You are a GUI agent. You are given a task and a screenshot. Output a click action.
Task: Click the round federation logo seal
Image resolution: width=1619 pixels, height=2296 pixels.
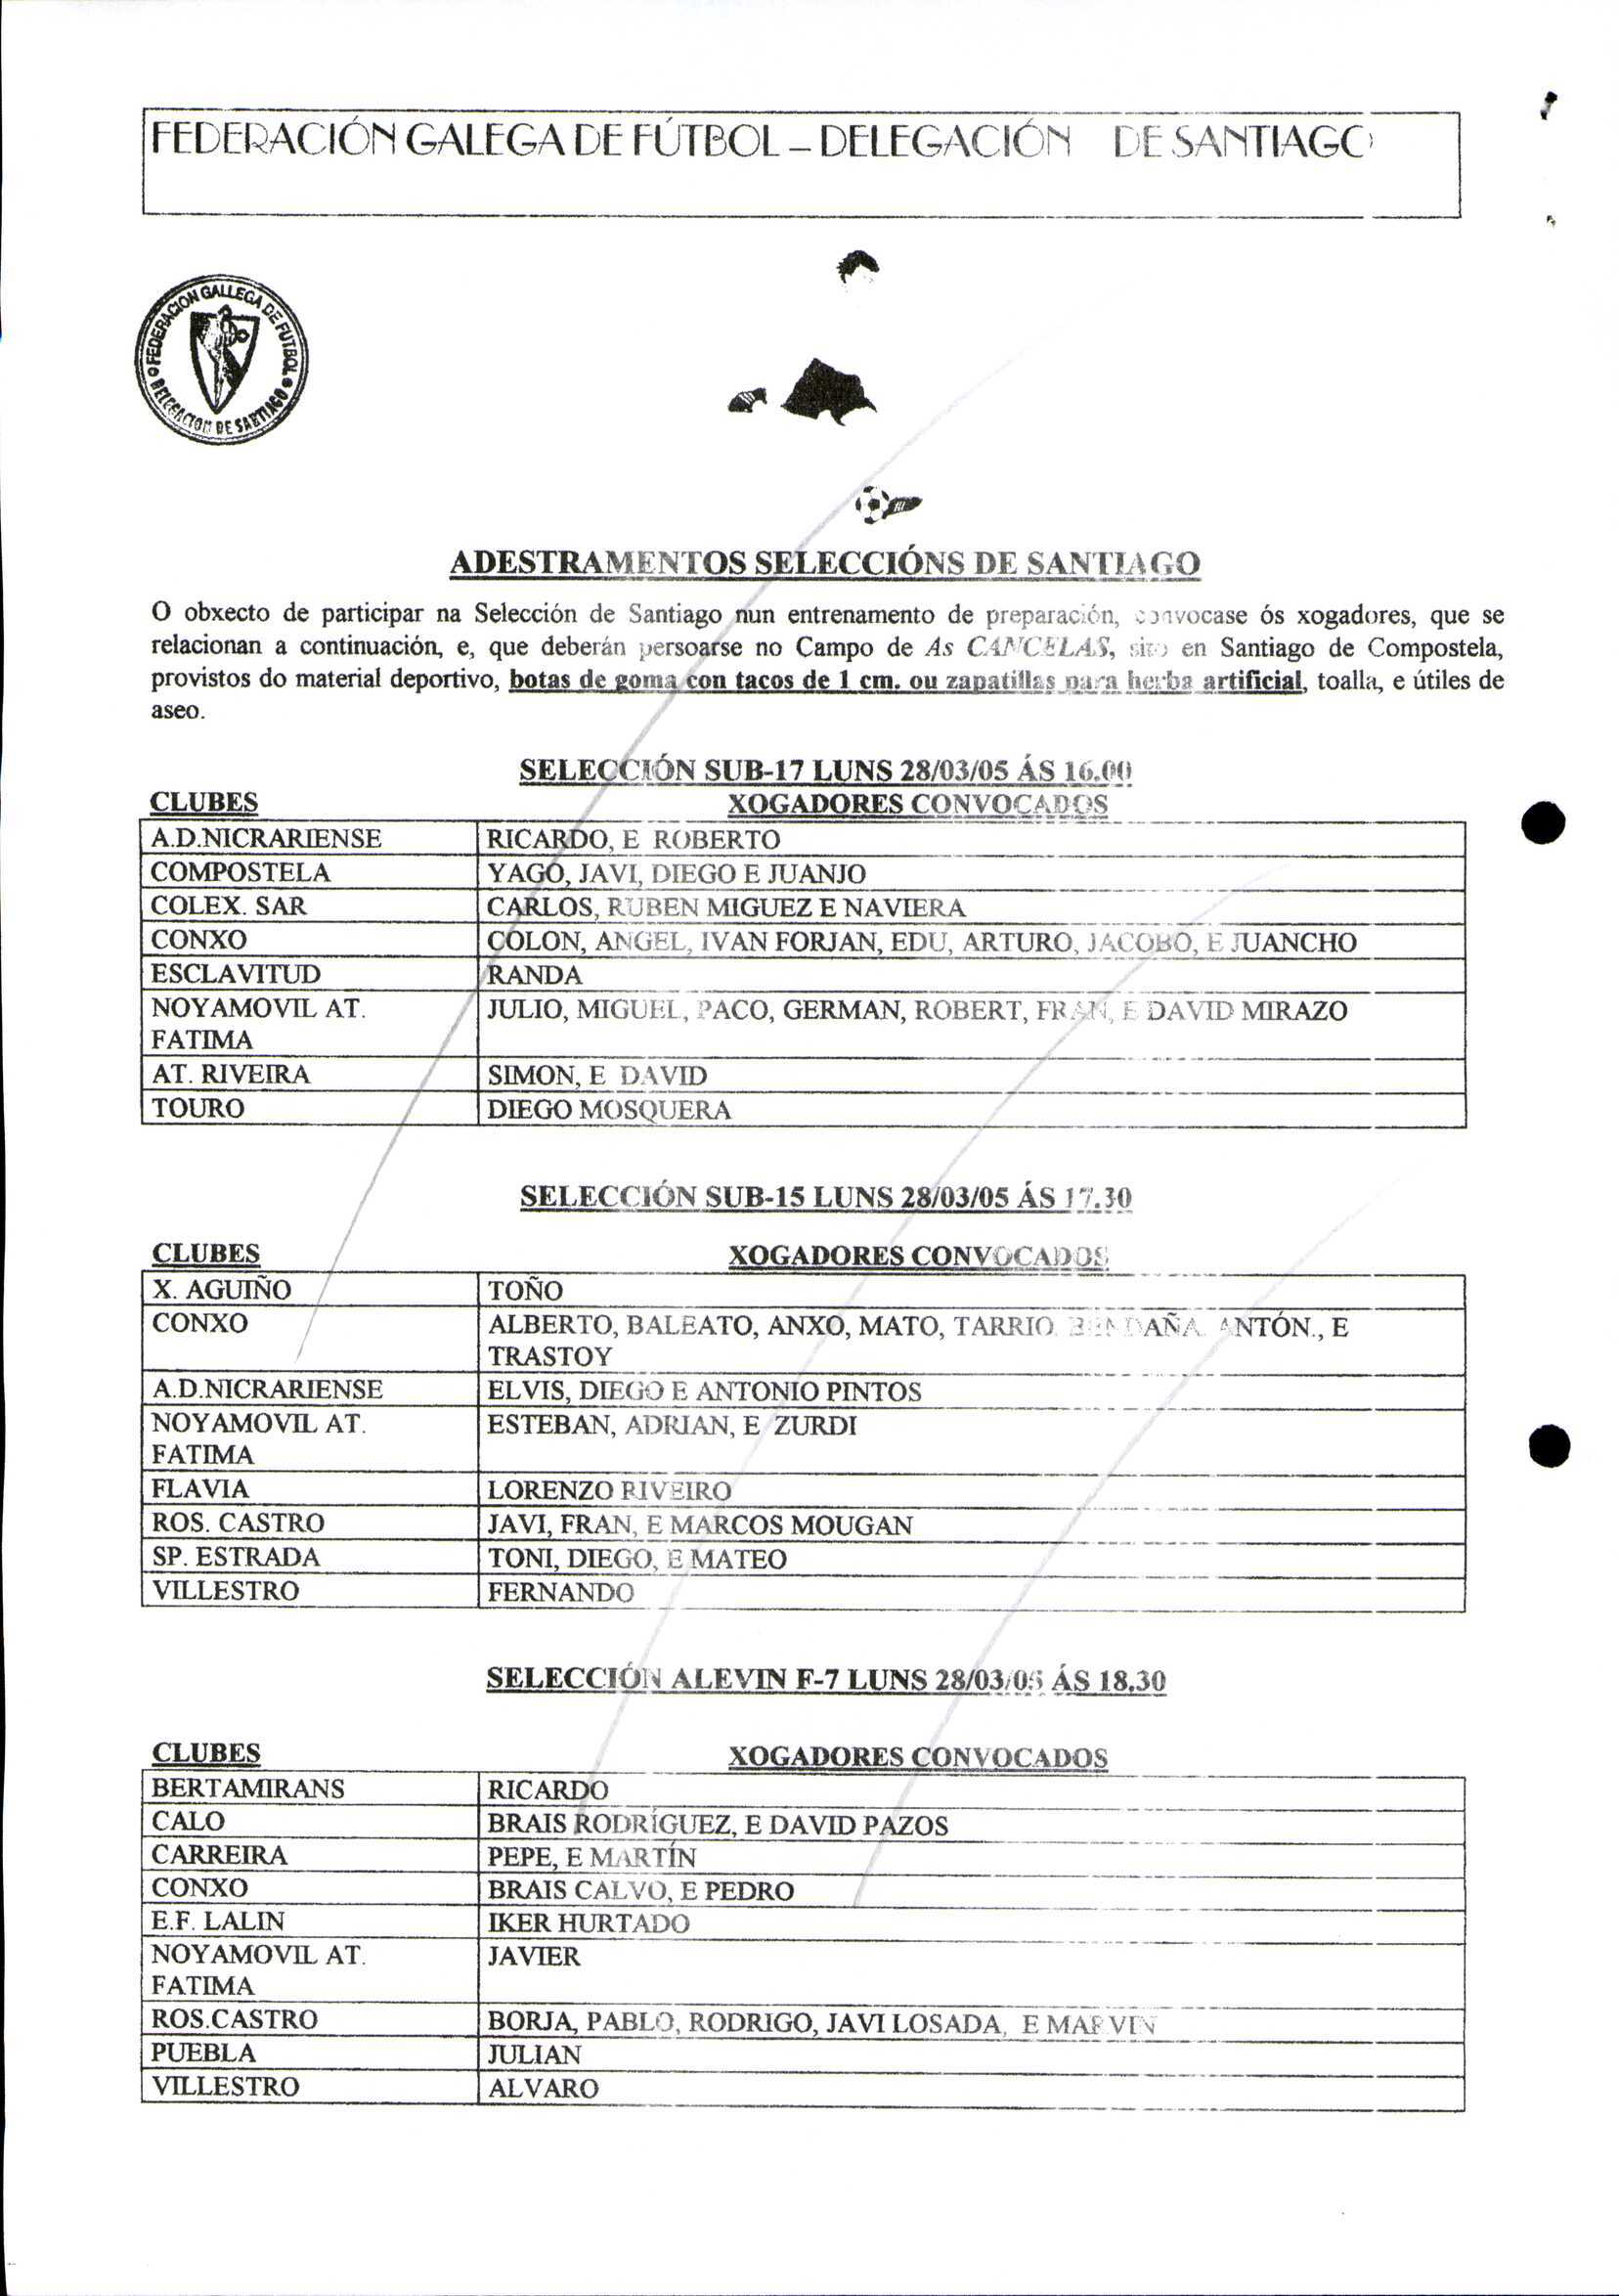[221, 360]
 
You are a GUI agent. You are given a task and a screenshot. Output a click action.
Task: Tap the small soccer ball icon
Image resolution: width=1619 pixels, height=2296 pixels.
[872, 503]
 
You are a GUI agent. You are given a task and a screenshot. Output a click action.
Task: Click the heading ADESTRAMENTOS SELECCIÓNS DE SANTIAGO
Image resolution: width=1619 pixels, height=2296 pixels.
[824, 563]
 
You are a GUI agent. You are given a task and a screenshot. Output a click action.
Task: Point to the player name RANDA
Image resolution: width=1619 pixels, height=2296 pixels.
[534, 975]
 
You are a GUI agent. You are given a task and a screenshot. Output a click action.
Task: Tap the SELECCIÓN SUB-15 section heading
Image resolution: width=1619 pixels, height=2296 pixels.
[825, 1197]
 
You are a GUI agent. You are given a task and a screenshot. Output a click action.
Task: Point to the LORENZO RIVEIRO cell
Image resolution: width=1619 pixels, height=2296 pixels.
[609, 1491]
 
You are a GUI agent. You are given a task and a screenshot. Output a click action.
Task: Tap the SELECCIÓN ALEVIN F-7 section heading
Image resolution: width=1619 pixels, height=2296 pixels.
[825, 1680]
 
